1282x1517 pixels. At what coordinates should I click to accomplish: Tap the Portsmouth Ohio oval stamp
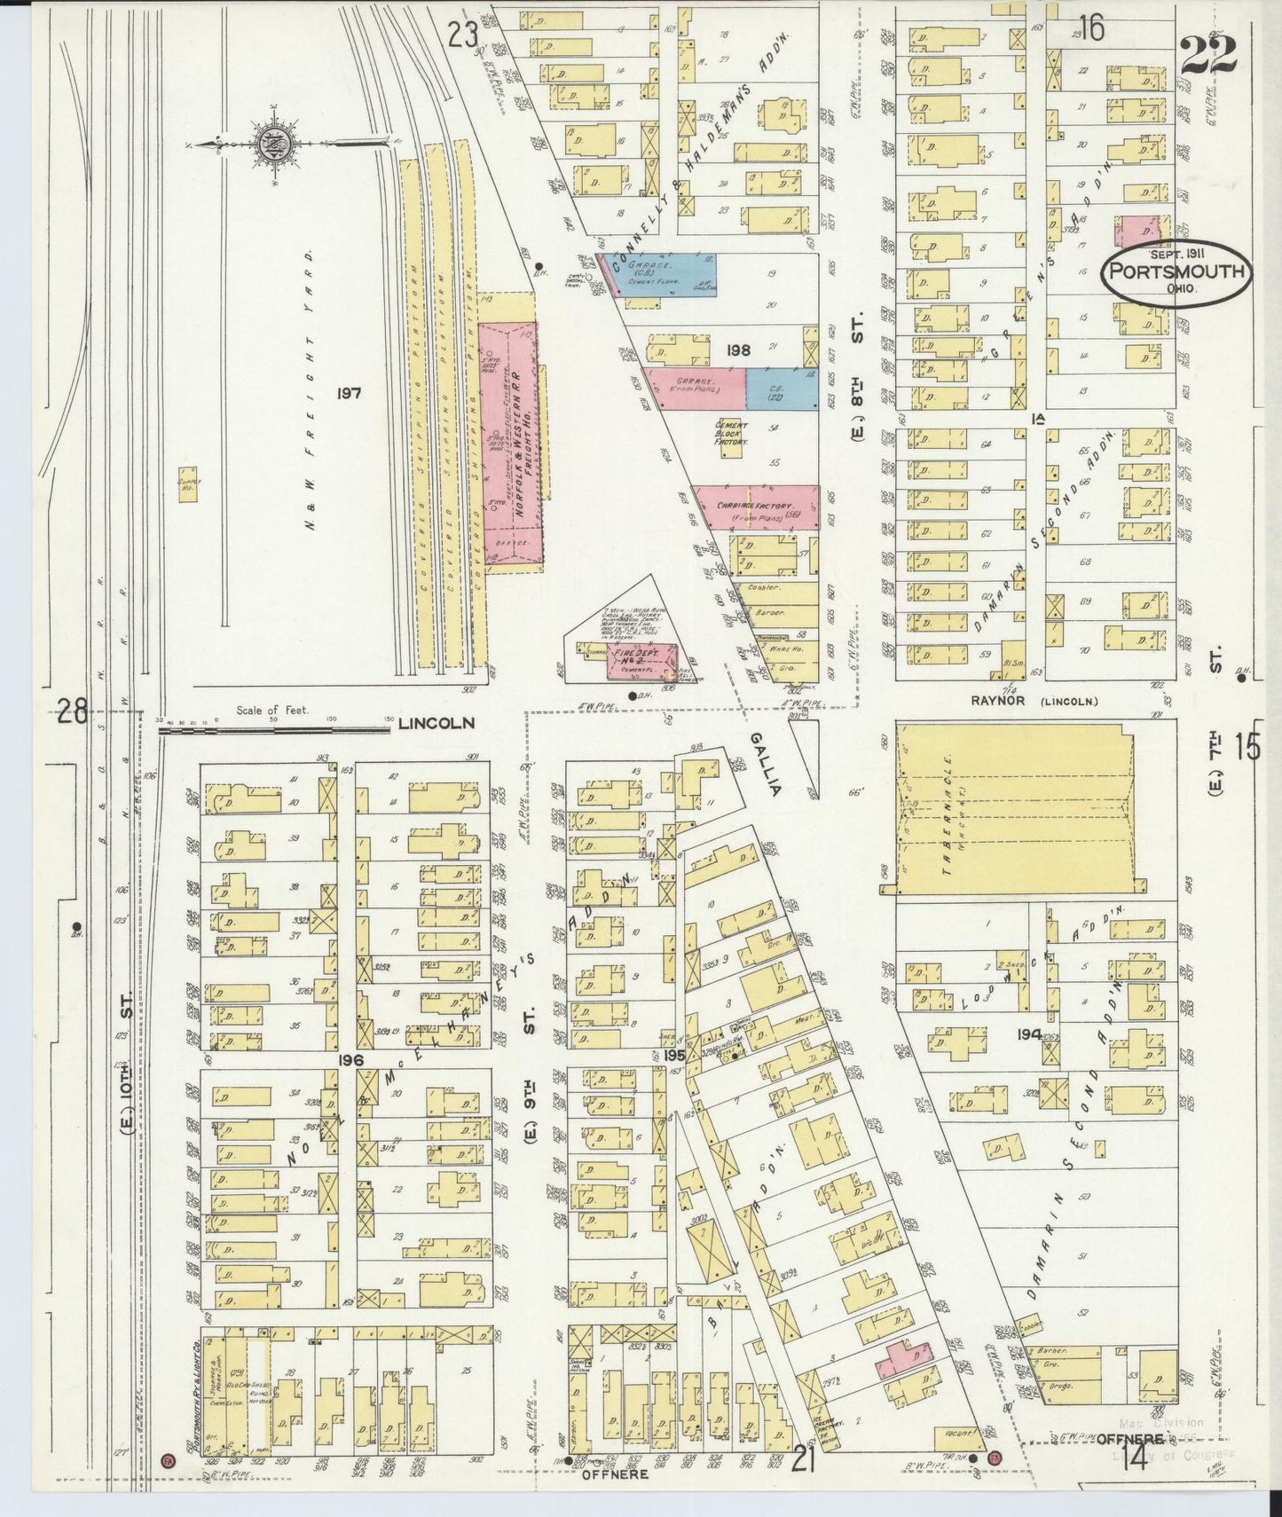1176,272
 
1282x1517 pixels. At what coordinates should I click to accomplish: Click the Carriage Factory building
754,508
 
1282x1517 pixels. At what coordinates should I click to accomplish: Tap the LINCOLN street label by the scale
437,723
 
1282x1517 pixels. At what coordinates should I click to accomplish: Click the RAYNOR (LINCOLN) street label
1034,701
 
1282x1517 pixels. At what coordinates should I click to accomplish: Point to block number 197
349,391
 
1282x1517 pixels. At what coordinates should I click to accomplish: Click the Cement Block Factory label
733,433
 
